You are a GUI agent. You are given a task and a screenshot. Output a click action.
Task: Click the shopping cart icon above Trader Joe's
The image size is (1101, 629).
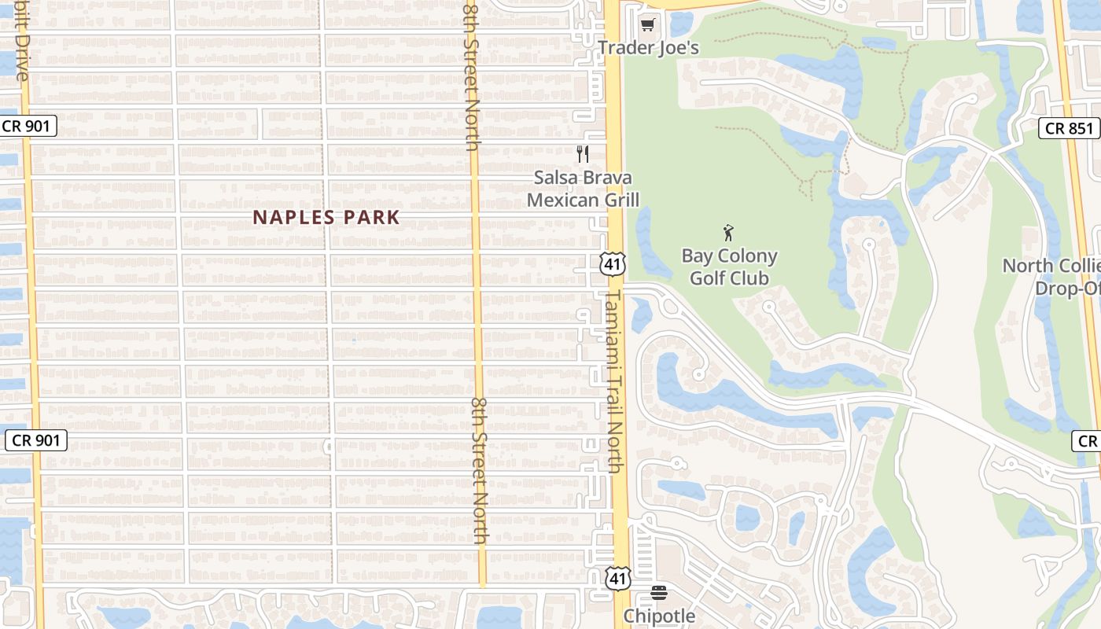[647, 25]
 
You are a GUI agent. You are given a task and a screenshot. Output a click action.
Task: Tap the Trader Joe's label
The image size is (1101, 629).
[648, 48]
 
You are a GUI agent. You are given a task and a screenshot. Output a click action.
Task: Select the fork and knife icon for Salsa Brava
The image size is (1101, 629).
[583, 154]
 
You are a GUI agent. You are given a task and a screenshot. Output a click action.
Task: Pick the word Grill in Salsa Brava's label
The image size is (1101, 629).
[620, 200]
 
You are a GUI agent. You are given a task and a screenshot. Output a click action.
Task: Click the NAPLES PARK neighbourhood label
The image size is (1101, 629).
[326, 218]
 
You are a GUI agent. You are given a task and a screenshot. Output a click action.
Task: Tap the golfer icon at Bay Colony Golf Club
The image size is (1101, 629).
[728, 233]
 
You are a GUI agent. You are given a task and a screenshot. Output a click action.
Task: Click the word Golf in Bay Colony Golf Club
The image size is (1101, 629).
[708, 278]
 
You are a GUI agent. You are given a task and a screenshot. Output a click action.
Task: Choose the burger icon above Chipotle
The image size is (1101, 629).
[659, 593]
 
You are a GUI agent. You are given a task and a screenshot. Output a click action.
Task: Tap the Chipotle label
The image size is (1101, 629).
[659, 616]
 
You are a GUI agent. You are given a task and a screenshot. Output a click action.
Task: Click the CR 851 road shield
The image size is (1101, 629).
[1069, 128]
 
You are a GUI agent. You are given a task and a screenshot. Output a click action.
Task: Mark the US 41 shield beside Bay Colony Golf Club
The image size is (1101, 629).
[613, 264]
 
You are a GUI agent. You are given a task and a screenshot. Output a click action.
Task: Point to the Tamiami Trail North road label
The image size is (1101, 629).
[613, 381]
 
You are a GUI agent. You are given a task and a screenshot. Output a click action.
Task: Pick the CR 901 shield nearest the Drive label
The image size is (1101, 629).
[29, 125]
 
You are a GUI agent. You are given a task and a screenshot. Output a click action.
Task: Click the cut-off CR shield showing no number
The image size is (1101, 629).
[1086, 441]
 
